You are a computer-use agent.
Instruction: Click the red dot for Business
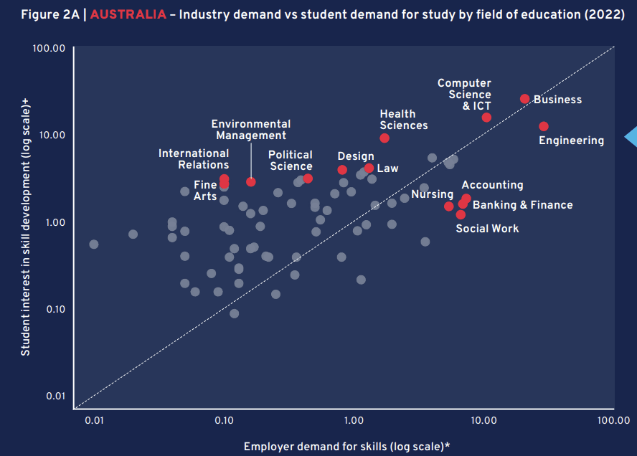click(524, 99)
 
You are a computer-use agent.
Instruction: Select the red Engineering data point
click(544, 126)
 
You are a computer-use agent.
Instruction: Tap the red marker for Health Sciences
click(384, 138)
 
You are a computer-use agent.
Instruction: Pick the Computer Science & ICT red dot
click(486, 117)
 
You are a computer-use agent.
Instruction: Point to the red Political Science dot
click(308, 178)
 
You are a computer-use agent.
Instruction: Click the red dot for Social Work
click(461, 214)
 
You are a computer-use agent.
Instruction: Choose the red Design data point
click(342, 170)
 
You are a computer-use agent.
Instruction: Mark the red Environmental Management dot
click(250, 181)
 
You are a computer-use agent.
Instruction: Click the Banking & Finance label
click(522, 205)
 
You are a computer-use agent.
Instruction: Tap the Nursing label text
click(432, 194)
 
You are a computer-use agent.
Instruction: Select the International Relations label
click(194, 159)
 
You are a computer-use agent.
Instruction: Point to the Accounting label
click(492, 185)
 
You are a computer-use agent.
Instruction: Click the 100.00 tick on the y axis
click(49, 48)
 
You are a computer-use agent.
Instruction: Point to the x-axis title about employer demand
click(347, 446)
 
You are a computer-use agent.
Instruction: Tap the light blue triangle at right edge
click(631, 136)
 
